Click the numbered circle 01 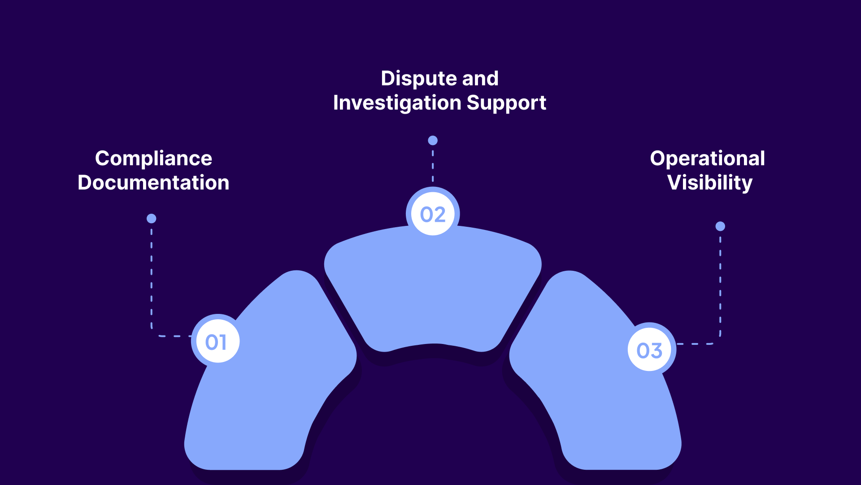point(216,342)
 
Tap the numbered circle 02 point(433,214)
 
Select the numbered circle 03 point(649,350)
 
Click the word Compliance point(153,159)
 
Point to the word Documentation point(153,183)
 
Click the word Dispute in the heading point(417,79)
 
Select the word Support point(506,103)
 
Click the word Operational point(707,159)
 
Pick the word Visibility point(709,183)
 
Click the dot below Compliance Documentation point(152,219)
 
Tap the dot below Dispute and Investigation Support point(433,141)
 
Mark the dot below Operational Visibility point(720,226)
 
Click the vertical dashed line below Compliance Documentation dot point(152,278)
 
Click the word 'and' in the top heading point(480,79)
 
